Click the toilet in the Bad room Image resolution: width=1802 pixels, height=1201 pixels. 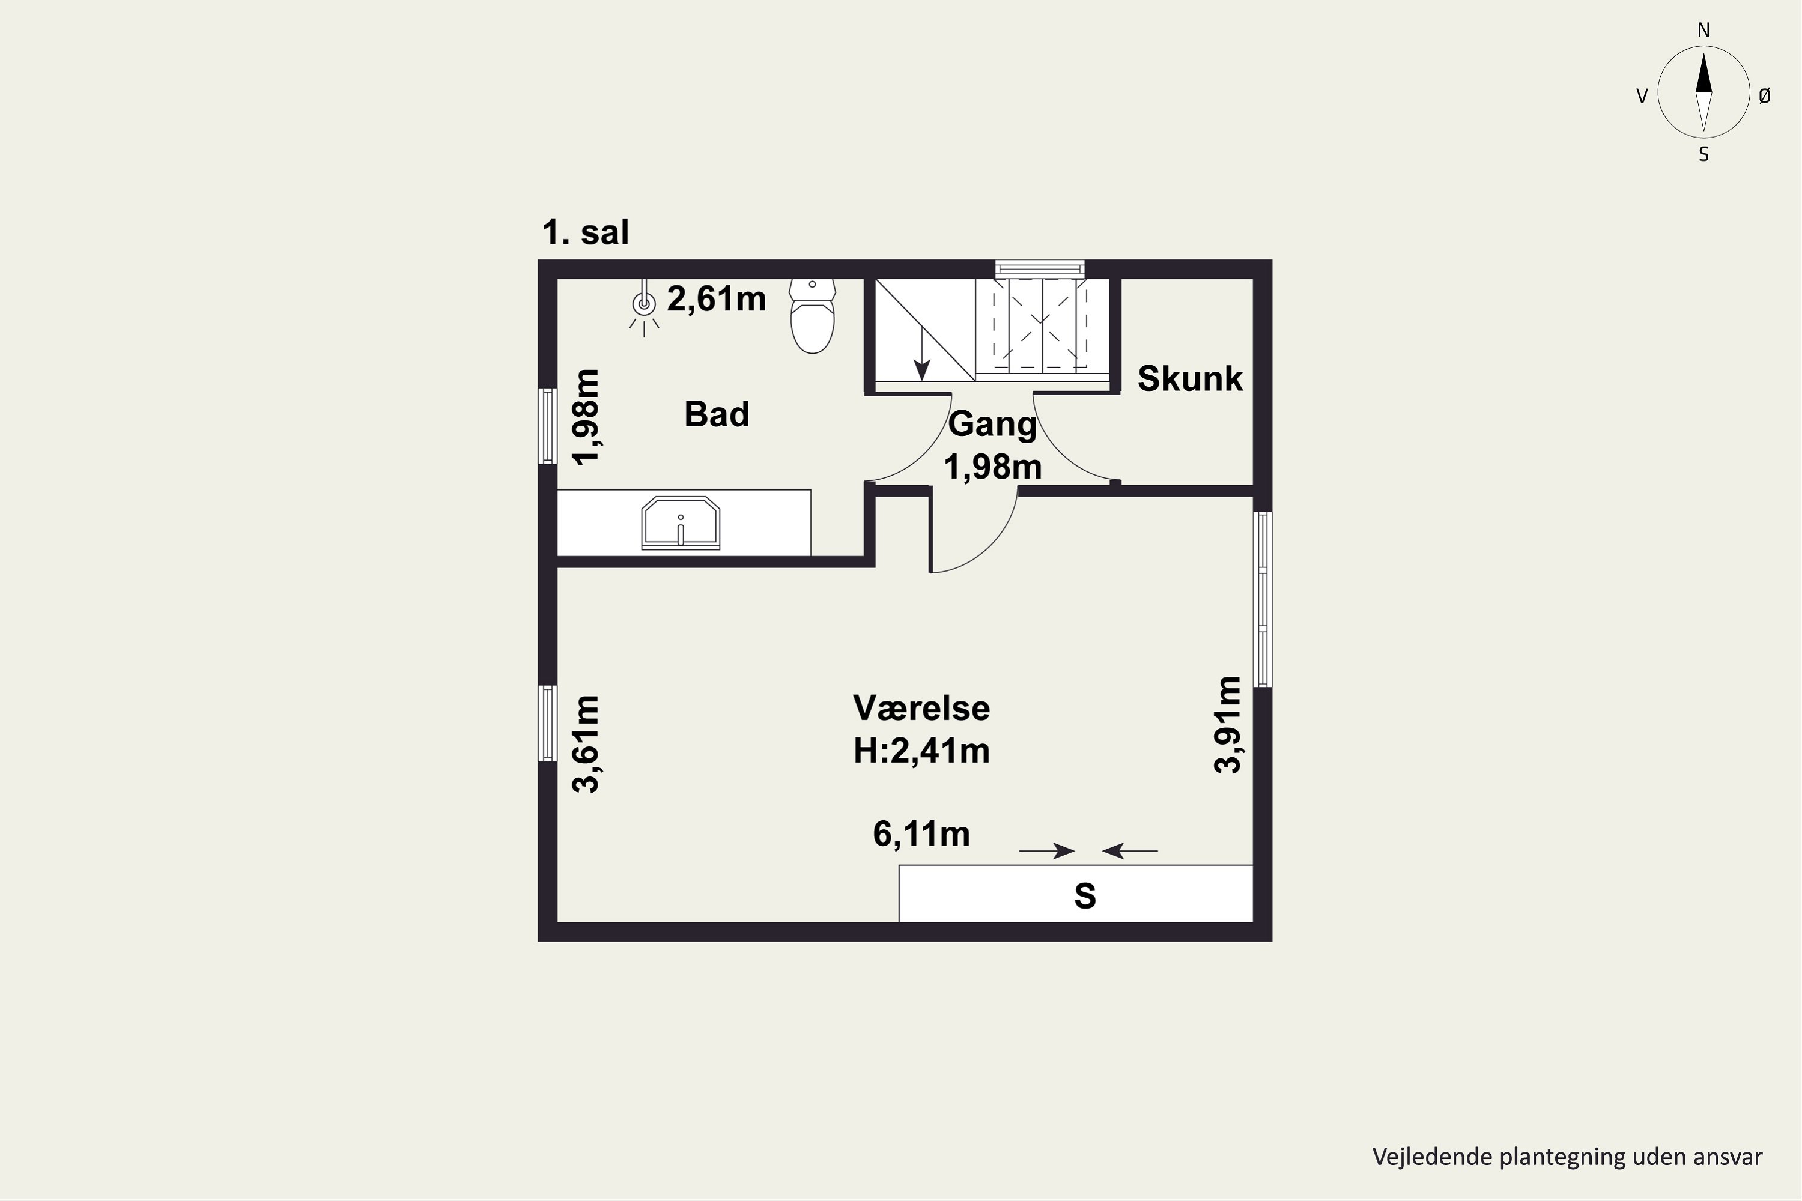[x=812, y=316]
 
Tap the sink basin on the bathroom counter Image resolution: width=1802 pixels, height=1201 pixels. [x=681, y=523]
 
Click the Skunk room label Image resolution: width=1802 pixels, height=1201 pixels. [x=1189, y=378]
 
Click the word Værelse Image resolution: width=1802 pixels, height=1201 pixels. [x=921, y=708]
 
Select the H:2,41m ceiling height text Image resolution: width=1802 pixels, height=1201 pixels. [x=921, y=751]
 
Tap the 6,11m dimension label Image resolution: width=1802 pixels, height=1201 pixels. [x=921, y=834]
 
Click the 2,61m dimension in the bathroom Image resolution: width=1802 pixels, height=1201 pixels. [x=717, y=298]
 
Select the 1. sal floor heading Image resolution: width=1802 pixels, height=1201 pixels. [x=585, y=232]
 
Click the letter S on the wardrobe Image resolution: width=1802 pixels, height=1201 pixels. [x=1085, y=895]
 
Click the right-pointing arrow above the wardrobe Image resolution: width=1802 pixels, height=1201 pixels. [x=1046, y=850]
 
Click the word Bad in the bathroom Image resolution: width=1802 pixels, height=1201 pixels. [x=717, y=414]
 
